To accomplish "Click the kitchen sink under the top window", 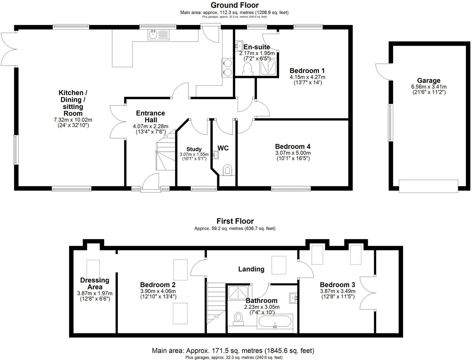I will click(158, 35).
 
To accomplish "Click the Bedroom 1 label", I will click(307, 71).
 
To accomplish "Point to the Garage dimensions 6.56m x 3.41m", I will click(428, 87).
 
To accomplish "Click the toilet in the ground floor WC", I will click(227, 170).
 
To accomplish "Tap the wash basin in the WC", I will click(216, 155).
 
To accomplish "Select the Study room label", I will click(194, 149).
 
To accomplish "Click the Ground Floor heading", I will click(234, 5).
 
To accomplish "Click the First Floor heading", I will click(235, 221).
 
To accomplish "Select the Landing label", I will click(251, 269).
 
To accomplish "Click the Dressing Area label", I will click(95, 283).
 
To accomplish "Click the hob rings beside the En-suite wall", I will click(228, 68).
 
